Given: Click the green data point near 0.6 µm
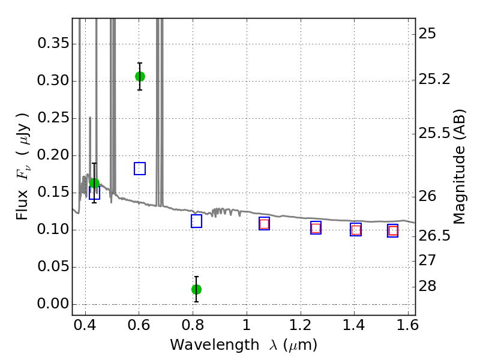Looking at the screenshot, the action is pyautogui.click(x=140, y=77).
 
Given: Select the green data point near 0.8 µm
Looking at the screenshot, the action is pyautogui.click(x=197, y=289).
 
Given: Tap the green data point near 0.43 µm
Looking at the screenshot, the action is pyautogui.click(x=94, y=184).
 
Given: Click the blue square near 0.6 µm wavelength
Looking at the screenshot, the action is pyautogui.click(x=140, y=169).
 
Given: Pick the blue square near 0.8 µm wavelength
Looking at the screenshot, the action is pyautogui.click(x=197, y=221).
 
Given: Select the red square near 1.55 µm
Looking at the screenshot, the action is pyautogui.click(x=393, y=231).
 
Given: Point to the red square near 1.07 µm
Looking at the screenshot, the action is pyautogui.click(x=264, y=224).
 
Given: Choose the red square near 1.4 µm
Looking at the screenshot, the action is pyautogui.click(x=356, y=230).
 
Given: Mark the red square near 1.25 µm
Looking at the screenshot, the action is pyautogui.click(x=316, y=228).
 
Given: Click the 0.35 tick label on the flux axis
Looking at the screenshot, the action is pyautogui.click(x=53, y=43).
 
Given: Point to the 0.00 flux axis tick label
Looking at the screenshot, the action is pyautogui.click(x=53, y=304).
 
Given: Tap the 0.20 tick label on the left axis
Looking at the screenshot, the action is pyautogui.click(x=53, y=155).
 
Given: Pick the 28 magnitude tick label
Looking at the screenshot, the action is pyautogui.click(x=427, y=286).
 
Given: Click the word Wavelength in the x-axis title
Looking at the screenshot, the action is pyautogui.click(x=215, y=345).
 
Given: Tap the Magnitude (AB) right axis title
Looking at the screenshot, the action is pyautogui.click(x=459, y=167).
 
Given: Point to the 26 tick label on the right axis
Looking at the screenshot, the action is pyautogui.click(x=427, y=196).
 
